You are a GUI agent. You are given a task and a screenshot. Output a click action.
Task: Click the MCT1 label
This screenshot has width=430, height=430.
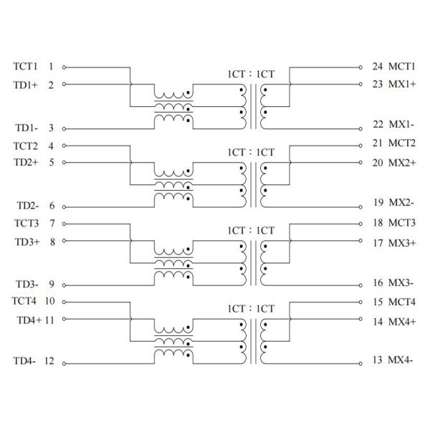(401, 67)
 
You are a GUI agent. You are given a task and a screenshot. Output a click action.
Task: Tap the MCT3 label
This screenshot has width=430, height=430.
(401, 224)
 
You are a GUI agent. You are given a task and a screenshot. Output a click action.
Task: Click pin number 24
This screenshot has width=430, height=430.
(378, 67)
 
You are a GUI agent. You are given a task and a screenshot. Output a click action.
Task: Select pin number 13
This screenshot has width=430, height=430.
(378, 360)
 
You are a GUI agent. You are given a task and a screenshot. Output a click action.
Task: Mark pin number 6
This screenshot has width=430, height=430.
(52, 205)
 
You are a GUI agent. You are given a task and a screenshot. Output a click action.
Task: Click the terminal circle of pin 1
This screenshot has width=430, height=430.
(65, 68)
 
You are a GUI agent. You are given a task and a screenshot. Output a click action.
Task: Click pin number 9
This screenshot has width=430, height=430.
(52, 283)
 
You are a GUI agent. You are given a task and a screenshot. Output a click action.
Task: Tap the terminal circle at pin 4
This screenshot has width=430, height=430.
(65, 147)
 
